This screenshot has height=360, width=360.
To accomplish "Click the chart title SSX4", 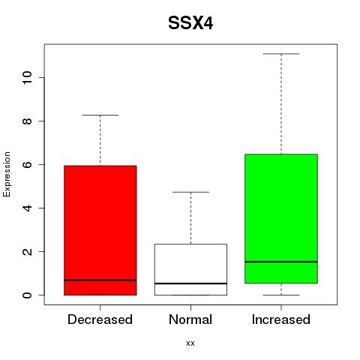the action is (190, 23).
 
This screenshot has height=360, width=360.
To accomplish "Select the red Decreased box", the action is (100, 230).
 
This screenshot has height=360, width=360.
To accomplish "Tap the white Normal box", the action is (190, 269).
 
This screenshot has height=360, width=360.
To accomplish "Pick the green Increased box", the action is (281, 218).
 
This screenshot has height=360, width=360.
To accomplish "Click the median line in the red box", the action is (100, 280).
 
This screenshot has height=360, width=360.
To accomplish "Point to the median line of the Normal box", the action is (190, 283).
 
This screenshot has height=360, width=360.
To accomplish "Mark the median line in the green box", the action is (281, 262).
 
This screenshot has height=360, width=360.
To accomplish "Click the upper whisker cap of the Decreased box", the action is (100, 115).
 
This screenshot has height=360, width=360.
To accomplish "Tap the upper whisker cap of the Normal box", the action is (190, 192).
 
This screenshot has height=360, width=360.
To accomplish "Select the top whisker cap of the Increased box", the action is (281, 54).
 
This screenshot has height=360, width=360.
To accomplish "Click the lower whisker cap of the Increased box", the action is (281, 295).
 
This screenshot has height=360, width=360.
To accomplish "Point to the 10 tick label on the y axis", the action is (28, 77).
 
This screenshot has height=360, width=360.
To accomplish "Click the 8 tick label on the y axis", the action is (28, 121).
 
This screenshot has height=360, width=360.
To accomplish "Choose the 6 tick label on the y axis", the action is (28, 164).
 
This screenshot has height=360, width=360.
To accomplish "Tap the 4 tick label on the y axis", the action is (28, 208).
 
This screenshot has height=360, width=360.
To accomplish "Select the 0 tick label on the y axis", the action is (28, 295).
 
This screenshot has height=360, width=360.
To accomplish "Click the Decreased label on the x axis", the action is (100, 319).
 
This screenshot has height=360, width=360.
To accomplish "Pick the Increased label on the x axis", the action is (281, 319).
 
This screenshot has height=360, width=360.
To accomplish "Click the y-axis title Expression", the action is (7, 174).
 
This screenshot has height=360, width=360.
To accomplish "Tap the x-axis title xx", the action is (190, 343).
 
